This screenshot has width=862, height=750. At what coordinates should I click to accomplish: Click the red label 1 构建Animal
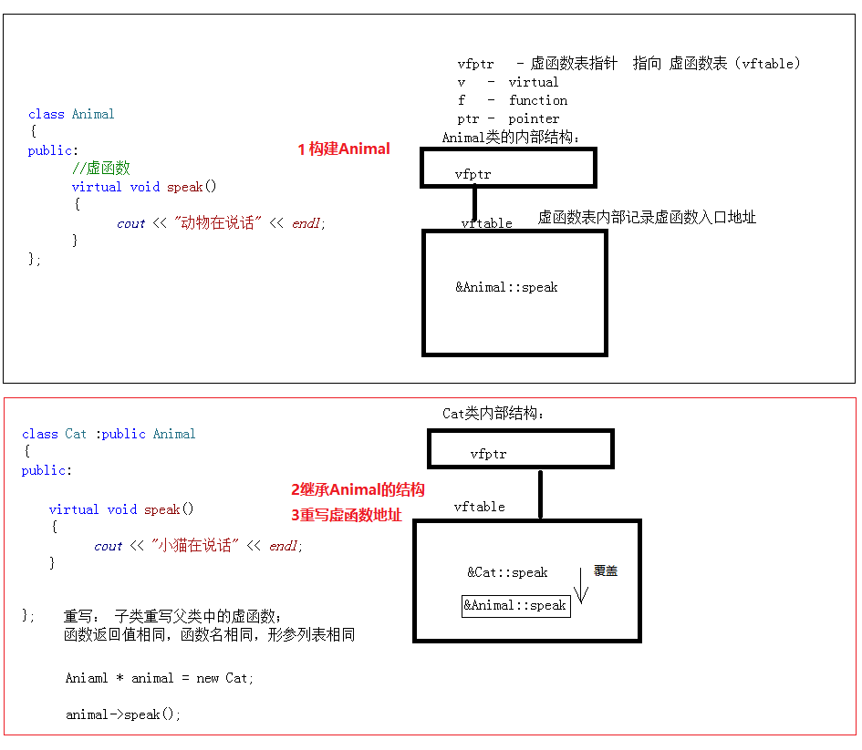pyautogui.click(x=344, y=149)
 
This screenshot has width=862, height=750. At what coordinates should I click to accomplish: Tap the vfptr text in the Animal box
pyautogui.click(x=473, y=173)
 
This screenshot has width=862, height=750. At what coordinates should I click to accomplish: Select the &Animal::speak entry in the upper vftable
pyautogui.click(x=506, y=287)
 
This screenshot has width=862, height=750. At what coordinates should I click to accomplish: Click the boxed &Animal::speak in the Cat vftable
pyautogui.click(x=515, y=606)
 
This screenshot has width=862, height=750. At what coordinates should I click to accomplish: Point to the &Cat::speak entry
pyautogui.click(x=507, y=572)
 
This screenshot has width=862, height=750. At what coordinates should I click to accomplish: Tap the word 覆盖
pyautogui.click(x=606, y=570)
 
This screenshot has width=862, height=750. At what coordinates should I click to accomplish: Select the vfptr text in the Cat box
pyautogui.click(x=488, y=454)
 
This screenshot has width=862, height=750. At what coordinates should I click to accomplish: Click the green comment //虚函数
pyautogui.click(x=101, y=168)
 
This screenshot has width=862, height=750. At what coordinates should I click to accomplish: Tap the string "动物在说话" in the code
pyautogui.click(x=218, y=223)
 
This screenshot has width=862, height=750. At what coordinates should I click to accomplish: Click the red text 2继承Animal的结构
pyautogui.click(x=358, y=490)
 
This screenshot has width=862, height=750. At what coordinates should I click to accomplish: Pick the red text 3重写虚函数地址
pyautogui.click(x=346, y=515)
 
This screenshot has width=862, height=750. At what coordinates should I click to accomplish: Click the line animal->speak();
pyautogui.click(x=123, y=714)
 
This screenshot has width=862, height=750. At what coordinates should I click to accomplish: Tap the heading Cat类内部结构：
pyautogui.click(x=493, y=414)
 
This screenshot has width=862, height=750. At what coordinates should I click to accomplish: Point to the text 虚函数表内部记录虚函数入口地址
pyautogui.click(x=647, y=217)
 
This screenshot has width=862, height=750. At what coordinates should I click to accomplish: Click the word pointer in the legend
pyautogui.click(x=534, y=118)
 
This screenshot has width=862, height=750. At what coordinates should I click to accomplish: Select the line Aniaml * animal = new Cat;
pyautogui.click(x=160, y=678)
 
